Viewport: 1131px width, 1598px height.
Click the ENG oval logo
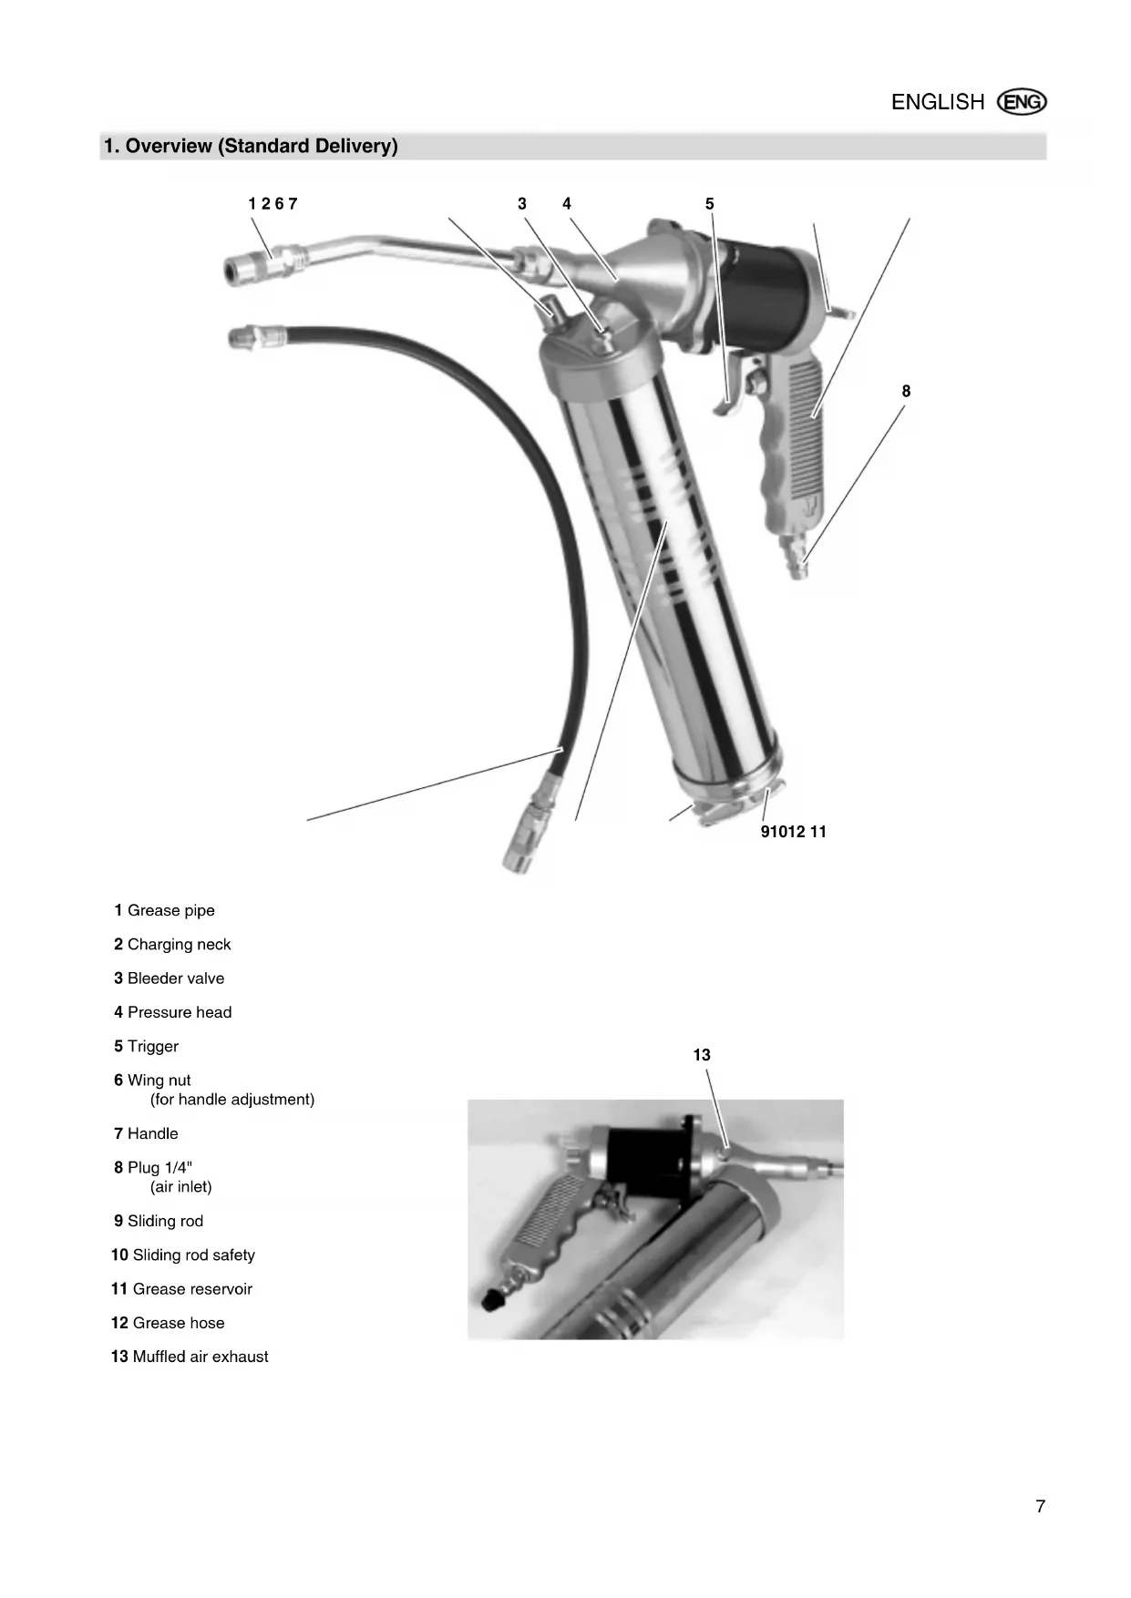click(x=1022, y=102)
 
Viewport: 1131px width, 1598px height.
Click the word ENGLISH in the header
click(x=937, y=102)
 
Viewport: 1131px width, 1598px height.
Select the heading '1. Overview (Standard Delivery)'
click(x=251, y=146)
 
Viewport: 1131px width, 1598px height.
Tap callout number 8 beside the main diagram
click(x=905, y=391)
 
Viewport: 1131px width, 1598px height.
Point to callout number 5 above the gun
click(x=709, y=204)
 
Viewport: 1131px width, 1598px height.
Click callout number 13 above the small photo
click(x=701, y=1055)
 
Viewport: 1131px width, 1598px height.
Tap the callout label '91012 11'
click(x=793, y=832)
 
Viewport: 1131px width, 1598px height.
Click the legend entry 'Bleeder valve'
click(x=175, y=978)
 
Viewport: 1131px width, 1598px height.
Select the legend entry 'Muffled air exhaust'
click(x=200, y=1357)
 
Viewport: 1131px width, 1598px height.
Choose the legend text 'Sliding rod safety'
click(x=193, y=1255)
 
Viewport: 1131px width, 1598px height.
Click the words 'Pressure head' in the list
click(x=179, y=1012)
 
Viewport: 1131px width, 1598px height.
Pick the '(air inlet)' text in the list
click(x=180, y=1187)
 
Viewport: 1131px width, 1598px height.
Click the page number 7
click(x=1040, y=1507)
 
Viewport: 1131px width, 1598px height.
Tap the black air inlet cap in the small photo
click(x=492, y=1297)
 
